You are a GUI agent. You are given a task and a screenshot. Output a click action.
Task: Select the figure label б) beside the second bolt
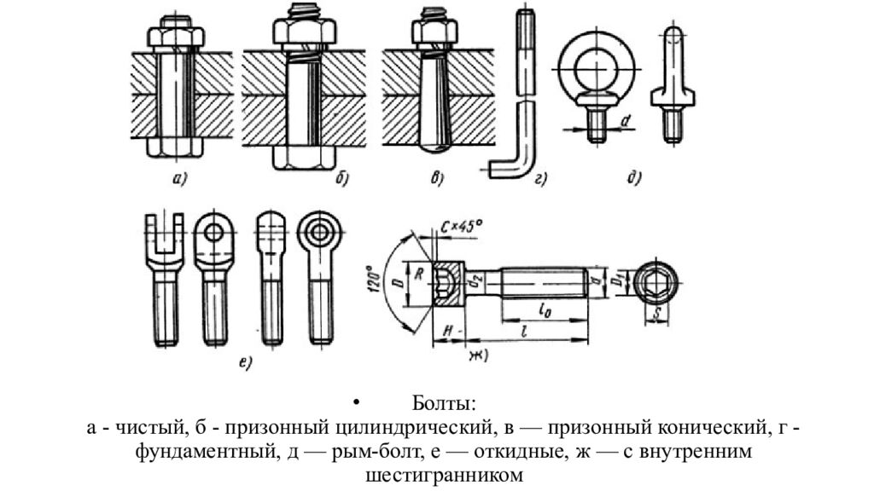[343, 179]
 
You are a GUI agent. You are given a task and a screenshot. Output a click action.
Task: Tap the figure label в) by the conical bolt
[438, 179]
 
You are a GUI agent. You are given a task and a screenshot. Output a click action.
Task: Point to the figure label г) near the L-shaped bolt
[541, 179]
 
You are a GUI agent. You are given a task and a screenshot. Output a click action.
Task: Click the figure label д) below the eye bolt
[633, 179]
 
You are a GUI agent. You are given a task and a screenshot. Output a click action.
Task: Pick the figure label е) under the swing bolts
[245, 365]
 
